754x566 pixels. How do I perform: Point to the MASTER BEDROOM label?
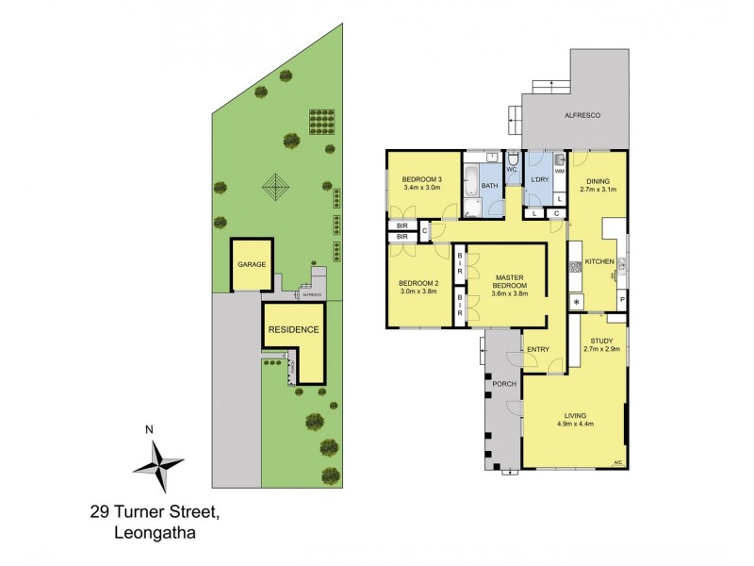510,280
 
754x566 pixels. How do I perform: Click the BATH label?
490,187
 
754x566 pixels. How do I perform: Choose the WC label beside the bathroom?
512,171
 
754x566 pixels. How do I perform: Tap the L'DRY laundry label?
540,179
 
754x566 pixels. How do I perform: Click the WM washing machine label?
559,172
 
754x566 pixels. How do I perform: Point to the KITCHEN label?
599,260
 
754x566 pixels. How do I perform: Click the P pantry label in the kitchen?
621,302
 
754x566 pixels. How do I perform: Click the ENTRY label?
538,350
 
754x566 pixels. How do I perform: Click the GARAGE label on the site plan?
252,265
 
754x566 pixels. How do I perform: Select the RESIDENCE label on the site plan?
294,330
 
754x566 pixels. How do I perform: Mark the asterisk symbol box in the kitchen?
577,302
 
